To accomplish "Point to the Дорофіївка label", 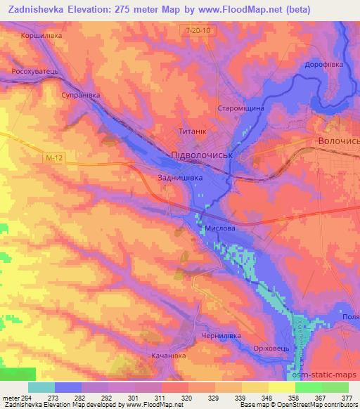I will (323, 64).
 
